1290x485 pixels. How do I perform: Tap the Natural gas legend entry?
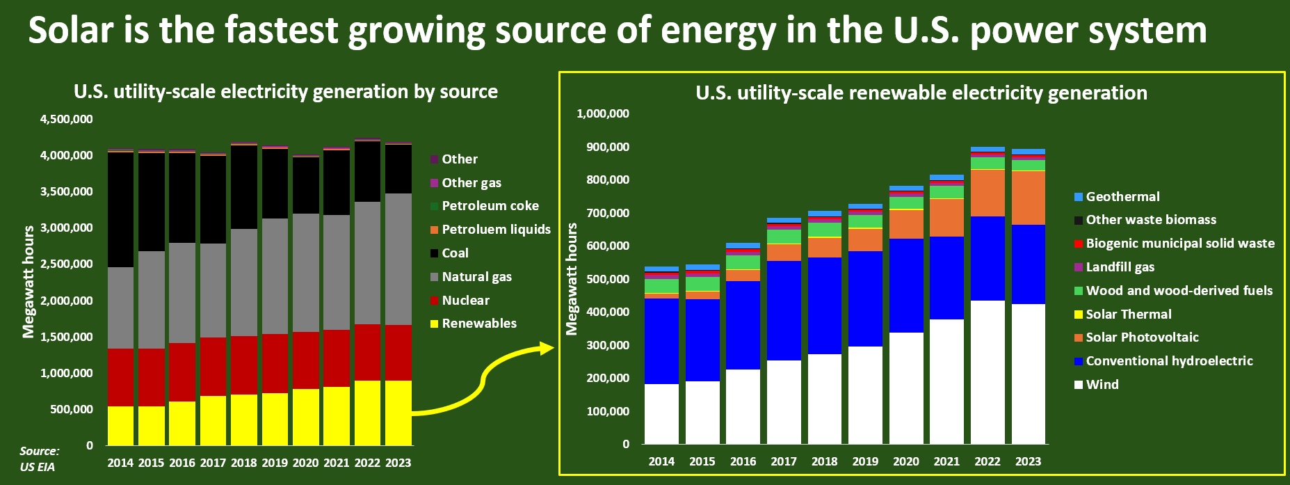[476, 277]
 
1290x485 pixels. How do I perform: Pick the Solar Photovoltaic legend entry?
[1142, 337]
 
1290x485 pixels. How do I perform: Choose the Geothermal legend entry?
[1122, 197]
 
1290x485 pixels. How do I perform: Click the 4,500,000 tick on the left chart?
[66, 120]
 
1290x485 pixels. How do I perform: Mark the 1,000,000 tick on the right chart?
[603, 114]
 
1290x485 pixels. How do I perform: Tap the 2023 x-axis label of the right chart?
[1028, 461]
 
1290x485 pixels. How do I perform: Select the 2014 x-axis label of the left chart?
[120, 463]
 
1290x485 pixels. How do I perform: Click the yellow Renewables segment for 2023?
[398, 412]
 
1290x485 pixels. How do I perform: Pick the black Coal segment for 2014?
[120, 209]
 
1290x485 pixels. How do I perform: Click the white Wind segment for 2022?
[987, 372]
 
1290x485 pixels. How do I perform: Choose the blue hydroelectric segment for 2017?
[784, 310]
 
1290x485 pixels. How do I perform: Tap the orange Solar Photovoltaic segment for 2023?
[1028, 198]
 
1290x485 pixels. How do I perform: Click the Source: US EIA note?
[39, 459]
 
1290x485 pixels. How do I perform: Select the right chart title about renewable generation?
[921, 93]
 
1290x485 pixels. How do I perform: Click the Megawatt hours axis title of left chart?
[29, 282]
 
